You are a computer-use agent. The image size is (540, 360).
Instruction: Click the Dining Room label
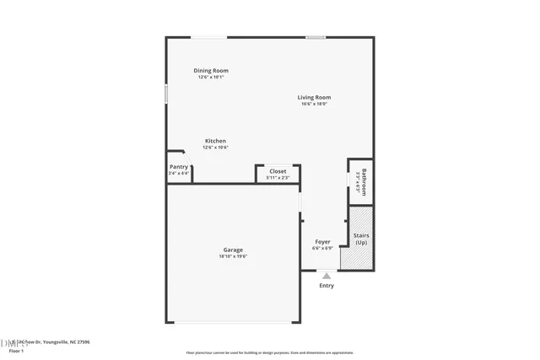(x=211, y=71)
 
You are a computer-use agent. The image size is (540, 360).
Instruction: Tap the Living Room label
(x=314, y=98)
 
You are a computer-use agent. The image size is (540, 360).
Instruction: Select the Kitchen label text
(x=215, y=141)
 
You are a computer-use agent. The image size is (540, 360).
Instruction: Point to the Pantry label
(x=179, y=167)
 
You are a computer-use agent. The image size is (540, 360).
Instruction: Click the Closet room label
(x=278, y=171)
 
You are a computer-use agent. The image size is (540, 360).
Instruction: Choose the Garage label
(x=233, y=250)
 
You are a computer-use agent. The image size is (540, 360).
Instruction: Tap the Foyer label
(x=322, y=242)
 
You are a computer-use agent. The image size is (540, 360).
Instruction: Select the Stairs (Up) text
(x=360, y=239)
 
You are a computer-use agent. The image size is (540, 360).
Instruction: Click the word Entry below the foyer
(x=327, y=286)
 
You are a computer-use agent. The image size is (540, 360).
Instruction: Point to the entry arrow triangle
(x=327, y=275)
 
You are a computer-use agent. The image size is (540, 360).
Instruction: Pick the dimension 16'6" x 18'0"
(x=314, y=105)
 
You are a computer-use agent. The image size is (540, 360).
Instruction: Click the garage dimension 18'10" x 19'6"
(x=233, y=256)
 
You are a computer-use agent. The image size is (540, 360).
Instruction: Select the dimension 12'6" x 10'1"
(x=211, y=78)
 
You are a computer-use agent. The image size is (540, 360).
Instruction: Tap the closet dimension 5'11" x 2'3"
(x=278, y=178)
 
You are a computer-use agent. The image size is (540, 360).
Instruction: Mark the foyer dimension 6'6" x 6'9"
(x=322, y=249)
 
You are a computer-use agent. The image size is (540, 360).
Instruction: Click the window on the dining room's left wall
(x=166, y=93)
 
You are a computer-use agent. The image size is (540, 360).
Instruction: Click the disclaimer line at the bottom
(x=269, y=352)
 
